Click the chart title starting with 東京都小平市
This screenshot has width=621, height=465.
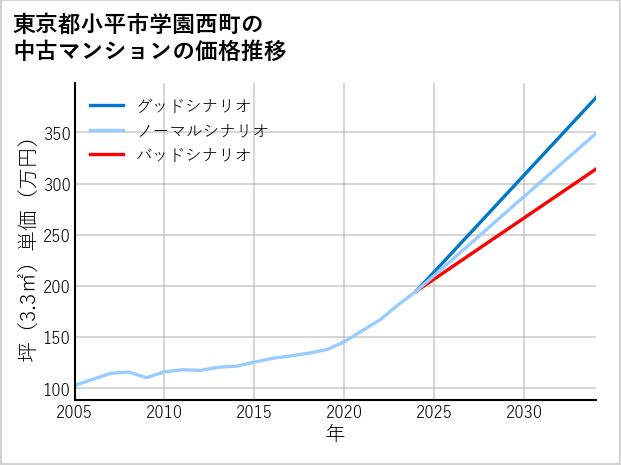click(x=150, y=37)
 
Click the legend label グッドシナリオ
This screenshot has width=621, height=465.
click(x=193, y=105)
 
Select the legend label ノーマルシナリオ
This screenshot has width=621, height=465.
click(x=202, y=130)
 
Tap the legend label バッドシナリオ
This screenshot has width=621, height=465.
click(x=193, y=155)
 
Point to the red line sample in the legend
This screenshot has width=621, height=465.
click(x=107, y=155)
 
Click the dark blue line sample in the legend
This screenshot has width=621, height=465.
click(x=107, y=105)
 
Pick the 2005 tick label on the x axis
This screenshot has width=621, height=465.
click(x=75, y=412)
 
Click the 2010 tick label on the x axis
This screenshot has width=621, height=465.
click(x=165, y=412)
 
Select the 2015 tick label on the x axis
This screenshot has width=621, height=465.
click(x=255, y=412)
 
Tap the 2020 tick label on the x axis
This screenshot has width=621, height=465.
click(x=345, y=412)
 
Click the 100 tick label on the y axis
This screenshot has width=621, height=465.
click(x=56, y=389)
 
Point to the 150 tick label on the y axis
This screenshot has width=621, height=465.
click(x=56, y=338)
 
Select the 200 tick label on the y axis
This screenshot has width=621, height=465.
click(x=56, y=287)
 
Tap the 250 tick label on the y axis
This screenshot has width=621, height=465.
click(x=56, y=236)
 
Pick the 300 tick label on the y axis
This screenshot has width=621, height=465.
click(x=56, y=185)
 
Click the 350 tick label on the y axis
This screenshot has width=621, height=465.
click(x=56, y=134)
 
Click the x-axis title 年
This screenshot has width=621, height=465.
click(x=336, y=434)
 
